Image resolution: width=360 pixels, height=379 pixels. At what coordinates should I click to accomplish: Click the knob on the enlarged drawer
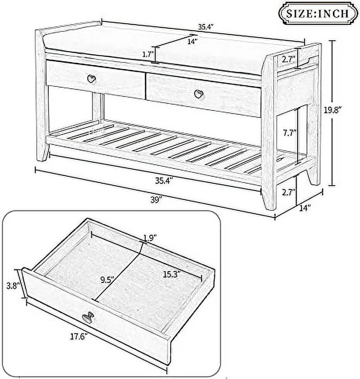[x=87, y=317]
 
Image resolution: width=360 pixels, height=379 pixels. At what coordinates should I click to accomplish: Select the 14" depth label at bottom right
[x=305, y=208]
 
